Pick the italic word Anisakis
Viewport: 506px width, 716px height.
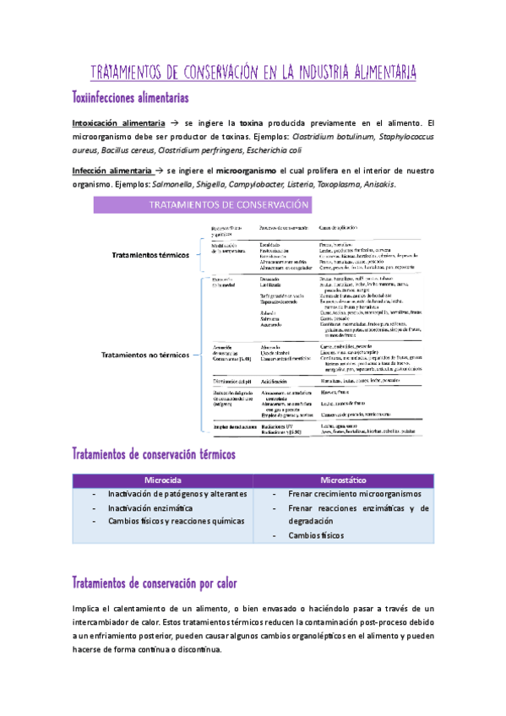tap(374, 184)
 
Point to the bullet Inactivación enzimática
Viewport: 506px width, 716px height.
tap(150, 508)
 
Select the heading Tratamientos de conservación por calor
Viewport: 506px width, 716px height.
tap(155, 583)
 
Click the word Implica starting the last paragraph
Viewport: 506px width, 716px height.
tap(88, 609)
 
